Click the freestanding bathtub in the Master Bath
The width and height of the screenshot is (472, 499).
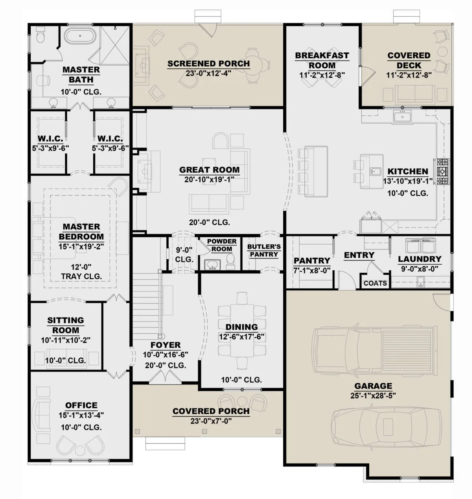click(x=80, y=36)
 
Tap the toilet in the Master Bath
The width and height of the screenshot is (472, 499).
click(x=40, y=34)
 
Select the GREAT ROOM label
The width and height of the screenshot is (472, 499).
click(x=209, y=170)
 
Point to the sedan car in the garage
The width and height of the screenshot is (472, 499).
click(x=386, y=427)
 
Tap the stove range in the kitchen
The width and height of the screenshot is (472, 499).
click(x=441, y=171)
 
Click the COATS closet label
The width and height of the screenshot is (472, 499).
click(x=375, y=283)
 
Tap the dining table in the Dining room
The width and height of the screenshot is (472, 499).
click(x=242, y=331)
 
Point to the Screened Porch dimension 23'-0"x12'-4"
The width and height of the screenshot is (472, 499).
click(x=208, y=73)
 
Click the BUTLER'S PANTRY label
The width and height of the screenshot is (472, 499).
click(x=264, y=250)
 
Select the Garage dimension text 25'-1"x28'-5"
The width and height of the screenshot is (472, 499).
click(x=373, y=396)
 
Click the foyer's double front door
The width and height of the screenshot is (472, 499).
click(x=165, y=377)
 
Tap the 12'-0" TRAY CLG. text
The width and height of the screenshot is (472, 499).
click(x=81, y=272)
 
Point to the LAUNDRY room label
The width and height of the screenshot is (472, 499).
click(x=420, y=259)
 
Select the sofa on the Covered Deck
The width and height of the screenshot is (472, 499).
click(x=415, y=93)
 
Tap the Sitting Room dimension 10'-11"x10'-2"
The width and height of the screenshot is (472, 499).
click(x=66, y=340)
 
